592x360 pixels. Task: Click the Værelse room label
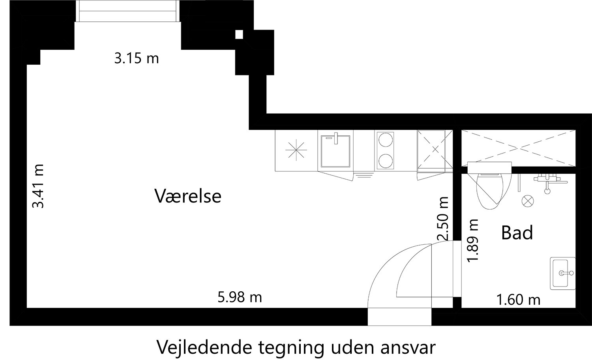click(x=187, y=196)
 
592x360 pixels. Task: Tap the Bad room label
click(x=517, y=232)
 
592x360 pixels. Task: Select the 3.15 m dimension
click(x=137, y=58)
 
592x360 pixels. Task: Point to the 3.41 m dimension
click(x=38, y=186)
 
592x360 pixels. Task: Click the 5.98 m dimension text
click(x=240, y=297)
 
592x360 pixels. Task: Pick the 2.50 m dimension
click(x=443, y=219)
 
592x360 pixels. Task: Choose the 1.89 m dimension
click(x=473, y=240)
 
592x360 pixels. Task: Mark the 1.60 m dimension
click(x=519, y=300)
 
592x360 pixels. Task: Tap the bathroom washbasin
click(x=563, y=273)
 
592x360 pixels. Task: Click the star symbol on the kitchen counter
click(x=296, y=150)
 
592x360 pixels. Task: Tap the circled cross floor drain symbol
click(x=528, y=201)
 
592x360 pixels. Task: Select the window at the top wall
click(x=127, y=11)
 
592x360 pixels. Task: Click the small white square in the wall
click(x=239, y=35)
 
